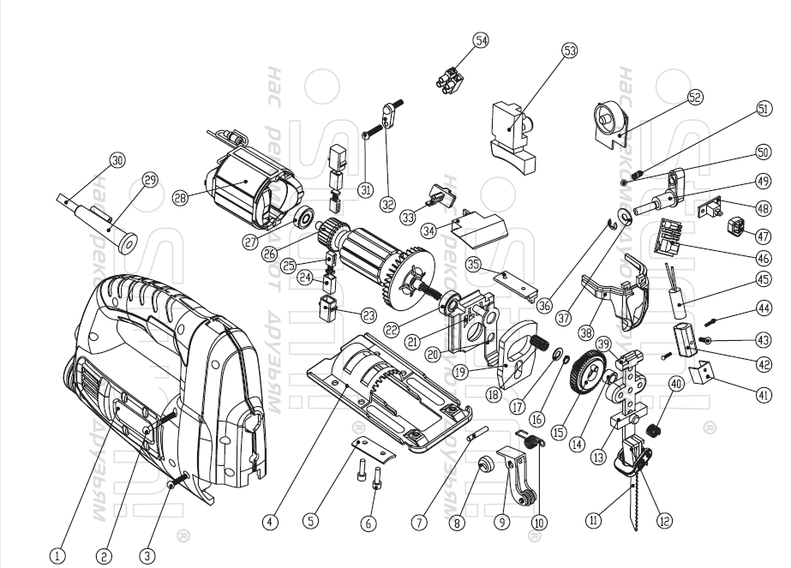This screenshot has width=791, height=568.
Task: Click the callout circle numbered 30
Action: [117, 159]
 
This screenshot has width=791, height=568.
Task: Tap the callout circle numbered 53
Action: [569, 51]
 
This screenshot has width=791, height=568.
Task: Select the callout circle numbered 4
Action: [270, 519]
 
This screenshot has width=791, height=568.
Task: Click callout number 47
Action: [761, 235]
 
